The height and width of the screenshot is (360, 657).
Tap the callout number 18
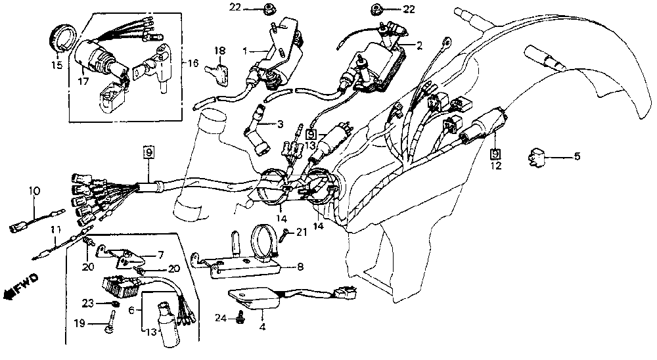(219, 50)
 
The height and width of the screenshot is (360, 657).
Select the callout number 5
(577, 157)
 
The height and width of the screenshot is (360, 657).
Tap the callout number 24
(220, 318)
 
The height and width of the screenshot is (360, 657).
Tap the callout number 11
(56, 229)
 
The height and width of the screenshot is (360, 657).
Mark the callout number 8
(300, 267)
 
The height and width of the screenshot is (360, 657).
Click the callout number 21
(301, 232)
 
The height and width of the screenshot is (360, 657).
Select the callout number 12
(495, 166)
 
